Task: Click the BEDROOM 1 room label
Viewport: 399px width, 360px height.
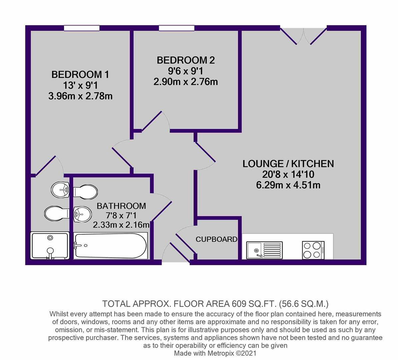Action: (x=80, y=74)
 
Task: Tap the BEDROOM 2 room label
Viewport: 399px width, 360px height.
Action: (x=186, y=60)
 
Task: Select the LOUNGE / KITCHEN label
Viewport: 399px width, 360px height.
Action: (x=288, y=164)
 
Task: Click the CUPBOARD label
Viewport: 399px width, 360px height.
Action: (x=217, y=239)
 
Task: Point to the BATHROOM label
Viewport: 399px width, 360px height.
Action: (x=121, y=206)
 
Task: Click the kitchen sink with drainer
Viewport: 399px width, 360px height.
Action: (x=265, y=250)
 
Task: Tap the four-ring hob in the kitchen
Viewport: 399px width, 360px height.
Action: (x=313, y=250)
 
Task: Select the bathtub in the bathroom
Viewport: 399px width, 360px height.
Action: (x=110, y=246)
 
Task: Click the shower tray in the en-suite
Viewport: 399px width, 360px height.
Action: (x=50, y=246)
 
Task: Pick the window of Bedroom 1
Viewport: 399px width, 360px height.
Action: (x=82, y=28)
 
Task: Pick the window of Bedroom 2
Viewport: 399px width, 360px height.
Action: (x=176, y=28)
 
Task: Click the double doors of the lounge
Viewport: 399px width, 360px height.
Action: (x=303, y=36)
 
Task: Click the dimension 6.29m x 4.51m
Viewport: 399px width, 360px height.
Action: (x=288, y=185)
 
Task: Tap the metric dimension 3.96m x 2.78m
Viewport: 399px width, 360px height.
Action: (x=80, y=96)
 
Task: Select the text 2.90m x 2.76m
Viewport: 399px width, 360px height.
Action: (x=186, y=82)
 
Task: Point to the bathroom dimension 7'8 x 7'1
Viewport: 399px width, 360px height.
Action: (x=121, y=216)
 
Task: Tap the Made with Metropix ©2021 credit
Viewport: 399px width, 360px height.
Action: (x=215, y=353)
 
